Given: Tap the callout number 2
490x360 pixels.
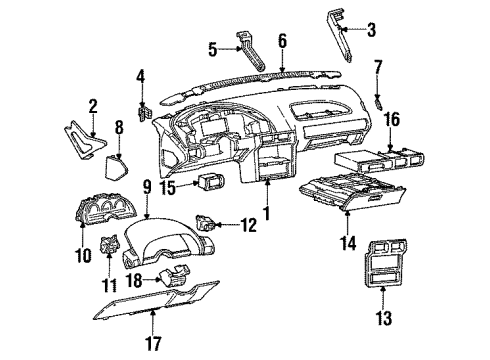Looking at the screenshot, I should pyautogui.click(x=93, y=105).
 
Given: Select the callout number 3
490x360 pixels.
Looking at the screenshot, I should pyautogui.click(x=372, y=31).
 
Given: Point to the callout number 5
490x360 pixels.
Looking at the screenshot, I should pyautogui.click(x=212, y=47).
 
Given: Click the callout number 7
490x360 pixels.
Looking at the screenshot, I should pyautogui.click(x=378, y=68).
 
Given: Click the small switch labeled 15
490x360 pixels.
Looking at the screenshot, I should pyautogui.click(x=183, y=183).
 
